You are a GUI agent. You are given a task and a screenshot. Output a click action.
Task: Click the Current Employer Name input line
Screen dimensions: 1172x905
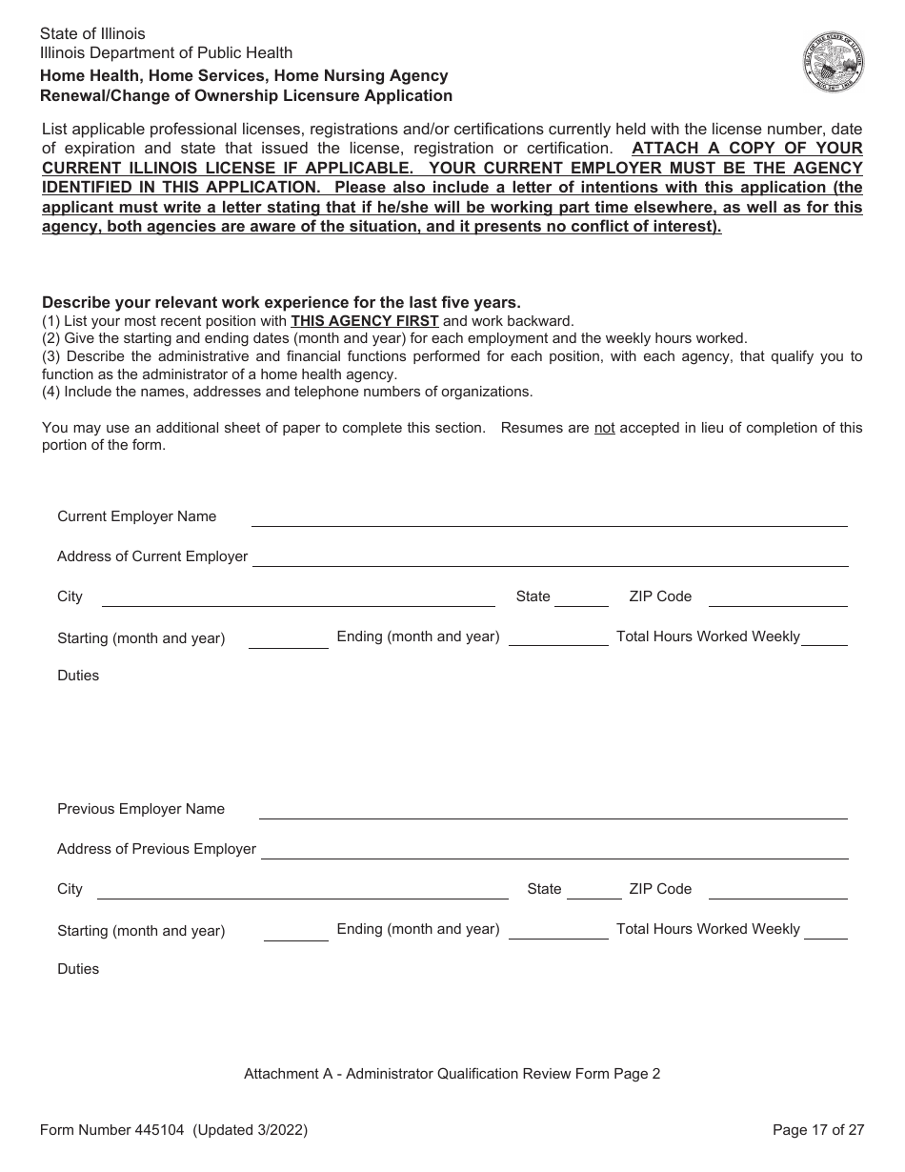549,518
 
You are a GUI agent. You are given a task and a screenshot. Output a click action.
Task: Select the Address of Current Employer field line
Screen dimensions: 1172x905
550,558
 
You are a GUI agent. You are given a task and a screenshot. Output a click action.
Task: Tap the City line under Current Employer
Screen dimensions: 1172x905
298,598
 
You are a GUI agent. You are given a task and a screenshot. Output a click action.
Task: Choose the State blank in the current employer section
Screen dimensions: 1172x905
581,598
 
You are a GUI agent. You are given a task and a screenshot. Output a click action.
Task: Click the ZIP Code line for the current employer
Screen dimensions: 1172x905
777,598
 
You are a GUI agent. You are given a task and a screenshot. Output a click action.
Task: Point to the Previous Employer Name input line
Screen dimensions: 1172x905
553,811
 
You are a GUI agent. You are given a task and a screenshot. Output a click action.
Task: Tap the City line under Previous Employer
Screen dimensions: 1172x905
303,891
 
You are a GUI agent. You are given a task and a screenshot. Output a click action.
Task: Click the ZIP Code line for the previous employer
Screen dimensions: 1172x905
777,891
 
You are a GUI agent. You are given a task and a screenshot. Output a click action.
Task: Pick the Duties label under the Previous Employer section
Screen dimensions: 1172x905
78,969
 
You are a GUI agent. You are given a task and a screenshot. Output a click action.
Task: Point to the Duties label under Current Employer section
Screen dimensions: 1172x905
78,676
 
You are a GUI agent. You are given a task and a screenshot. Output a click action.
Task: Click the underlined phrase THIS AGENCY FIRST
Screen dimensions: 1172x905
365,321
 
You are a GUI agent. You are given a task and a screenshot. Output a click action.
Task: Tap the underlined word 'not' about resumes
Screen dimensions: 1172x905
604,428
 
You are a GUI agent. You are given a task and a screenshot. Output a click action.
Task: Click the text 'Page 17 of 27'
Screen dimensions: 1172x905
818,1131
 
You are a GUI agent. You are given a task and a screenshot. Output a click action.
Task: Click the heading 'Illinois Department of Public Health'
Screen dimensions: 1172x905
167,53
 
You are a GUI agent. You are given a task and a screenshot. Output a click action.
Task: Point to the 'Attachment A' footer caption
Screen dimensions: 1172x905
452,1074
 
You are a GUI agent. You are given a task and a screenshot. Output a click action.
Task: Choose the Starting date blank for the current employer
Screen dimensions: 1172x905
288,640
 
